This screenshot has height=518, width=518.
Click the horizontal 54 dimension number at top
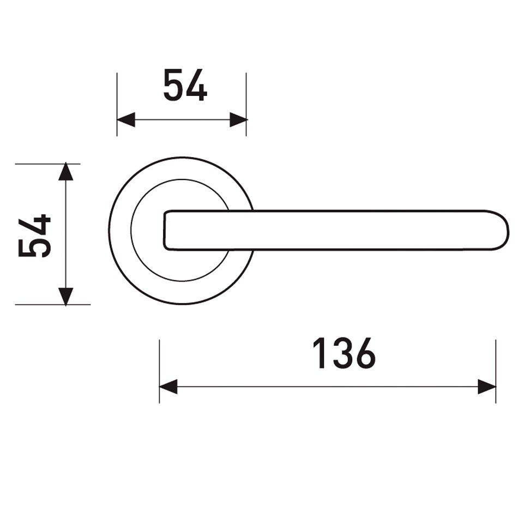[185, 85]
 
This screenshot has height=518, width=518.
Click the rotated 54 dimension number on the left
[34, 236]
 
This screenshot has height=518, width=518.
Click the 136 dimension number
[344, 353]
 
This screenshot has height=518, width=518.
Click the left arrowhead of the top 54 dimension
[126, 119]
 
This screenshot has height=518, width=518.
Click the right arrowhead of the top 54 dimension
[238, 119]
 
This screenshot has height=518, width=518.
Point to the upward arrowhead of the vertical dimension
[66, 172]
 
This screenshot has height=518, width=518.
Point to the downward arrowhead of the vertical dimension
[66, 296]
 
